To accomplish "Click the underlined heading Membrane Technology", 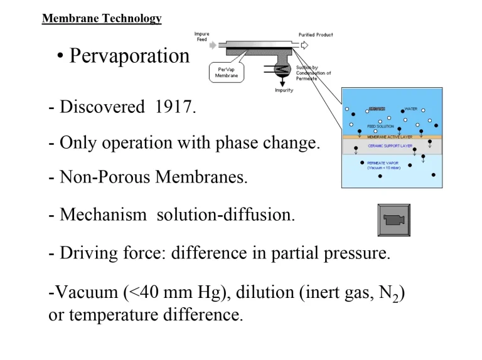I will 102,19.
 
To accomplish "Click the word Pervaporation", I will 129,56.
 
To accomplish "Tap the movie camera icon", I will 394,220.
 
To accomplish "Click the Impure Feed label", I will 202,36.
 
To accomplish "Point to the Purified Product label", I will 316,34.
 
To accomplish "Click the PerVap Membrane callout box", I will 227,73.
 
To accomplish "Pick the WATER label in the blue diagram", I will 411,109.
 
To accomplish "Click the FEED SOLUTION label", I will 382,126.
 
